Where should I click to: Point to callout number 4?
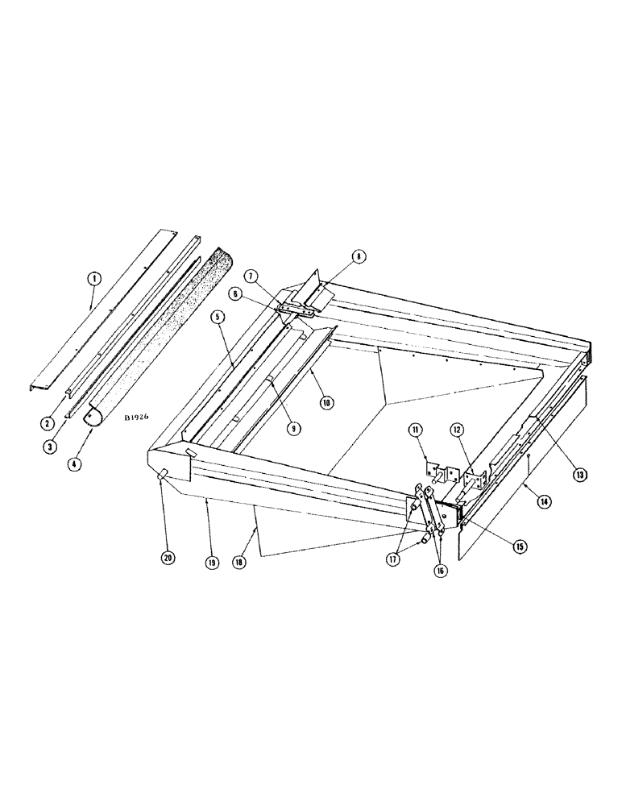[x=76, y=465]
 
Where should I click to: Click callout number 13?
[x=578, y=474]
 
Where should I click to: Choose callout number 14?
[x=545, y=501]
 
